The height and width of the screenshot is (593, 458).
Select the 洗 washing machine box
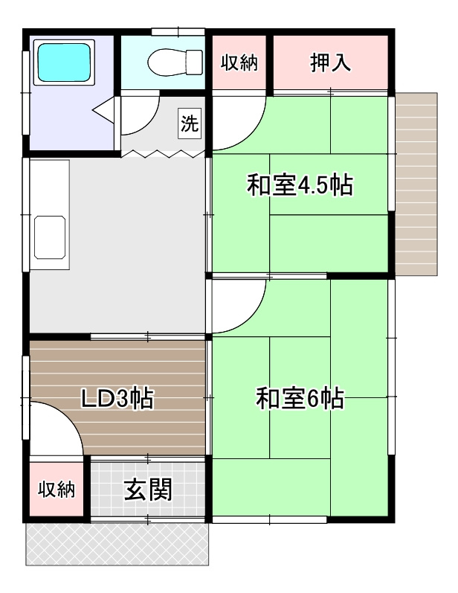(190, 122)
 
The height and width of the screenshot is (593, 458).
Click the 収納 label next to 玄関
(57, 489)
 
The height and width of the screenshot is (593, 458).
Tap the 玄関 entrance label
(148, 490)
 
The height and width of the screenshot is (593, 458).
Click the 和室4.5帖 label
(300, 185)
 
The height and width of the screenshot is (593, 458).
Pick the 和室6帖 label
(300, 400)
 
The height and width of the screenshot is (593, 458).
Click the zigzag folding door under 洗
(162, 153)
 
